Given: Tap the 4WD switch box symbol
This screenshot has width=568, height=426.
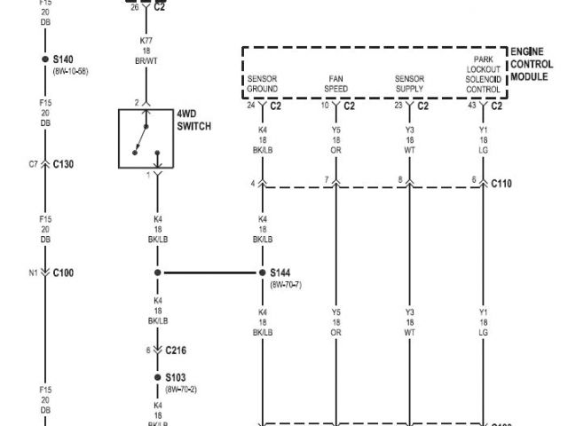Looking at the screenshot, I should [146, 138].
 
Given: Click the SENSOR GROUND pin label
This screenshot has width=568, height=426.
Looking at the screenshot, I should [263, 84].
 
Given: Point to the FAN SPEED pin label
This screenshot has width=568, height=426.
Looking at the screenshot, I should [336, 84].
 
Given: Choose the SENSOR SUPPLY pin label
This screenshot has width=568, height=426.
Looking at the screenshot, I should [409, 84].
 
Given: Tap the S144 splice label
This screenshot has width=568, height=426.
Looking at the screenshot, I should [281, 273].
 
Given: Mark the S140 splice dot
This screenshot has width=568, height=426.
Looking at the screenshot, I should [46, 59].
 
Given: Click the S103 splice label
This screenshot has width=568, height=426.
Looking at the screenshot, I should [177, 376].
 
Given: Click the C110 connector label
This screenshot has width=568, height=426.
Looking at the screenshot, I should [501, 184].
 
